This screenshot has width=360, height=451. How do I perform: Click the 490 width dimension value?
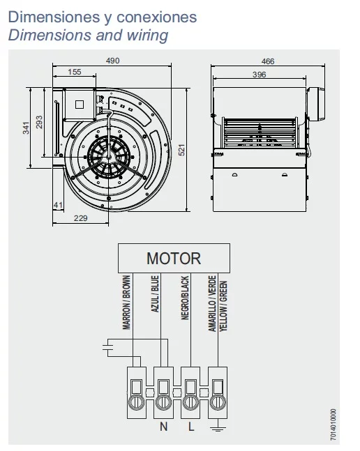click(x=112, y=61)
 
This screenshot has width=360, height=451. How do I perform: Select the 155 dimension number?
click(x=75, y=72)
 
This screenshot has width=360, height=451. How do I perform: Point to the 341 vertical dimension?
click(x=27, y=128)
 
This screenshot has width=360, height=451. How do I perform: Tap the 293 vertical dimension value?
click(x=39, y=122)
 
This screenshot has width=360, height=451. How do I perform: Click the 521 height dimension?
click(x=181, y=150)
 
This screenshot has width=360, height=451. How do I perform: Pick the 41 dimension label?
click(x=58, y=205)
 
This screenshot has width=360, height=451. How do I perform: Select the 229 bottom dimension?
click(x=80, y=218)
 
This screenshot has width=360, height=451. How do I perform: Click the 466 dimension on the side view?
click(x=268, y=61)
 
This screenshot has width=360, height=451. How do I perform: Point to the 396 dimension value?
click(x=260, y=75)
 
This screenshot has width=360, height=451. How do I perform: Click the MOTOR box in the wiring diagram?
click(x=174, y=258)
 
